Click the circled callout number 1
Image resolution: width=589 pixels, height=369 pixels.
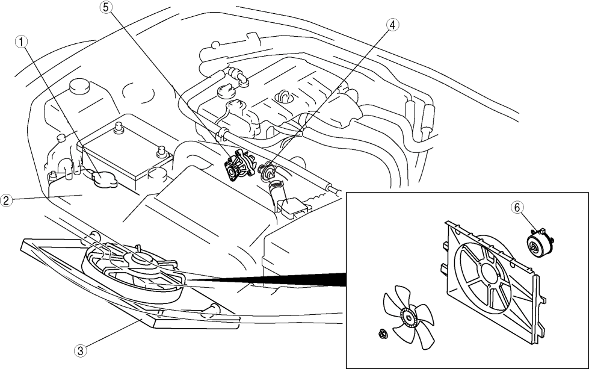(x=23, y=42)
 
